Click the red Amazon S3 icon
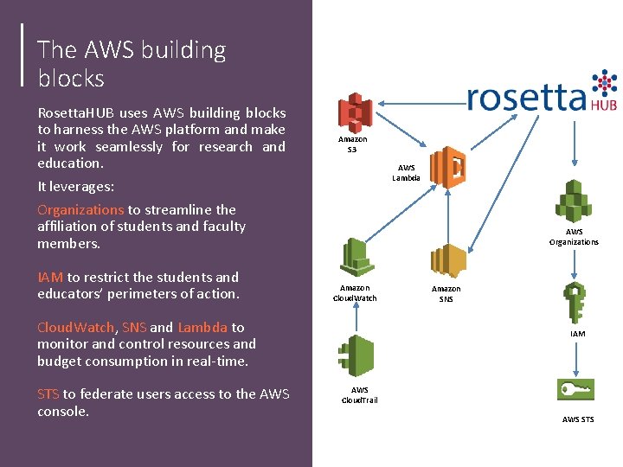pos(355,112)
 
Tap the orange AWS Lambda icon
pos(448,167)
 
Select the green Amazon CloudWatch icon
pos(355,257)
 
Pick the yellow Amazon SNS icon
pos(448,261)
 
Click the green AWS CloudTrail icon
pos(355,356)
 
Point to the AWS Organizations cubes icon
pos(574,202)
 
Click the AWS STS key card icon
pos(576,391)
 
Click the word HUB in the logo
pos(603,104)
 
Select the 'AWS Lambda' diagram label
pos(407,173)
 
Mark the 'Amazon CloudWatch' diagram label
pos(355,293)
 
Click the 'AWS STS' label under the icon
pos(578,419)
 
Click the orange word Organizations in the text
pos(80,209)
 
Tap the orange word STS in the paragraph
pos(48,394)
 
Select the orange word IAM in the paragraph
pos(50,277)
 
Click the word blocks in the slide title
pos(71,79)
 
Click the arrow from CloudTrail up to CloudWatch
pos(355,316)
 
